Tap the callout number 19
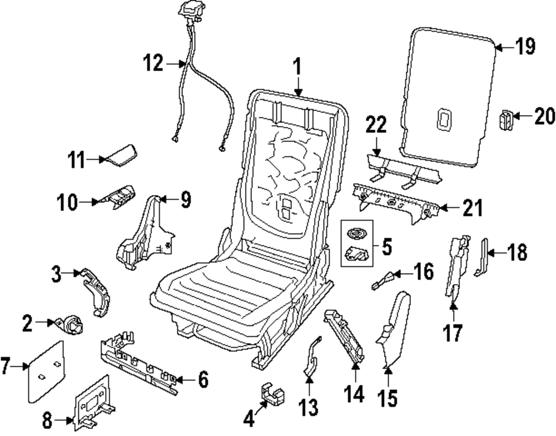[x=524, y=47]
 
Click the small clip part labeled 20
[x=506, y=119]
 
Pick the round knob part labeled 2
[x=73, y=323]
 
